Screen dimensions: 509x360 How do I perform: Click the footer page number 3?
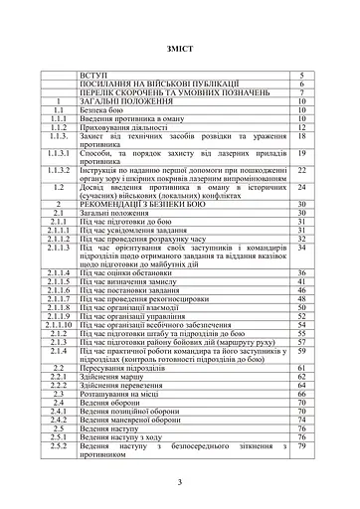click(180, 482)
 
